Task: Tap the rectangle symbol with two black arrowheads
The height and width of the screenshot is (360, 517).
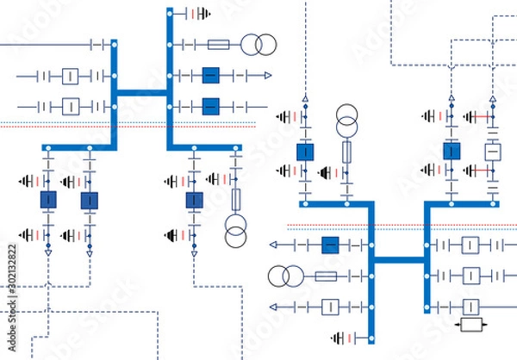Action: (x=470, y=325)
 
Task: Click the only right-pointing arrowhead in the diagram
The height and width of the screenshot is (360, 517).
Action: (x=268, y=76)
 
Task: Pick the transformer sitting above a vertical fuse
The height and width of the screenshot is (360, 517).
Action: (x=347, y=117)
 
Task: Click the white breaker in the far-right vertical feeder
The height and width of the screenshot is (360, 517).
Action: (x=492, y=152)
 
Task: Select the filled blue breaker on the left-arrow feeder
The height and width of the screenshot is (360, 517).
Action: (x=329, y=245)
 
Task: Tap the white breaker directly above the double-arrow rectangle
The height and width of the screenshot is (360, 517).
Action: (x=470, y=307)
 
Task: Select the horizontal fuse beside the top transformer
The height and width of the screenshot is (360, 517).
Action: (x=219, y=44)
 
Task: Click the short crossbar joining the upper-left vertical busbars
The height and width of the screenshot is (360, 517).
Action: (x=142, y=92)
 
